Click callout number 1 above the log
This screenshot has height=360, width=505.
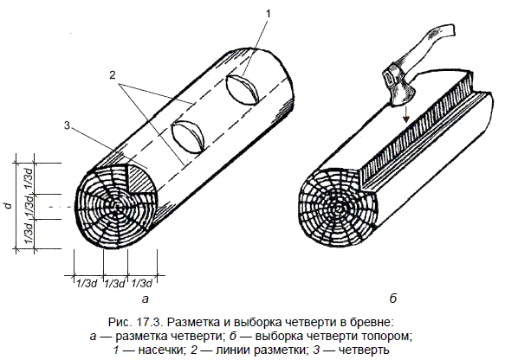(x=268, y=14)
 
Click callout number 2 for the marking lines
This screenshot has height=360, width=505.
(x=112, y=75)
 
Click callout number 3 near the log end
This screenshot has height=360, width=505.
(x=67, y=125)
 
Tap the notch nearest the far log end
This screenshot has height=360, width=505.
(x=243, y=89)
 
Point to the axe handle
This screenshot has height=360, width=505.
(x=431, y=44)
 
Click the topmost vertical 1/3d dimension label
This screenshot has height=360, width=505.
(x=29, y=178)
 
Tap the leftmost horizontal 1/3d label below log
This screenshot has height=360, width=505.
(x=87, y=284)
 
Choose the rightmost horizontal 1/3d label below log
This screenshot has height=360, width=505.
(x=142, y=284)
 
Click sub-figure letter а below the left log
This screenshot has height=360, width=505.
(x=146, y=299)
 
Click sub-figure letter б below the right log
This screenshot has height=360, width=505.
(x=393, y=298)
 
